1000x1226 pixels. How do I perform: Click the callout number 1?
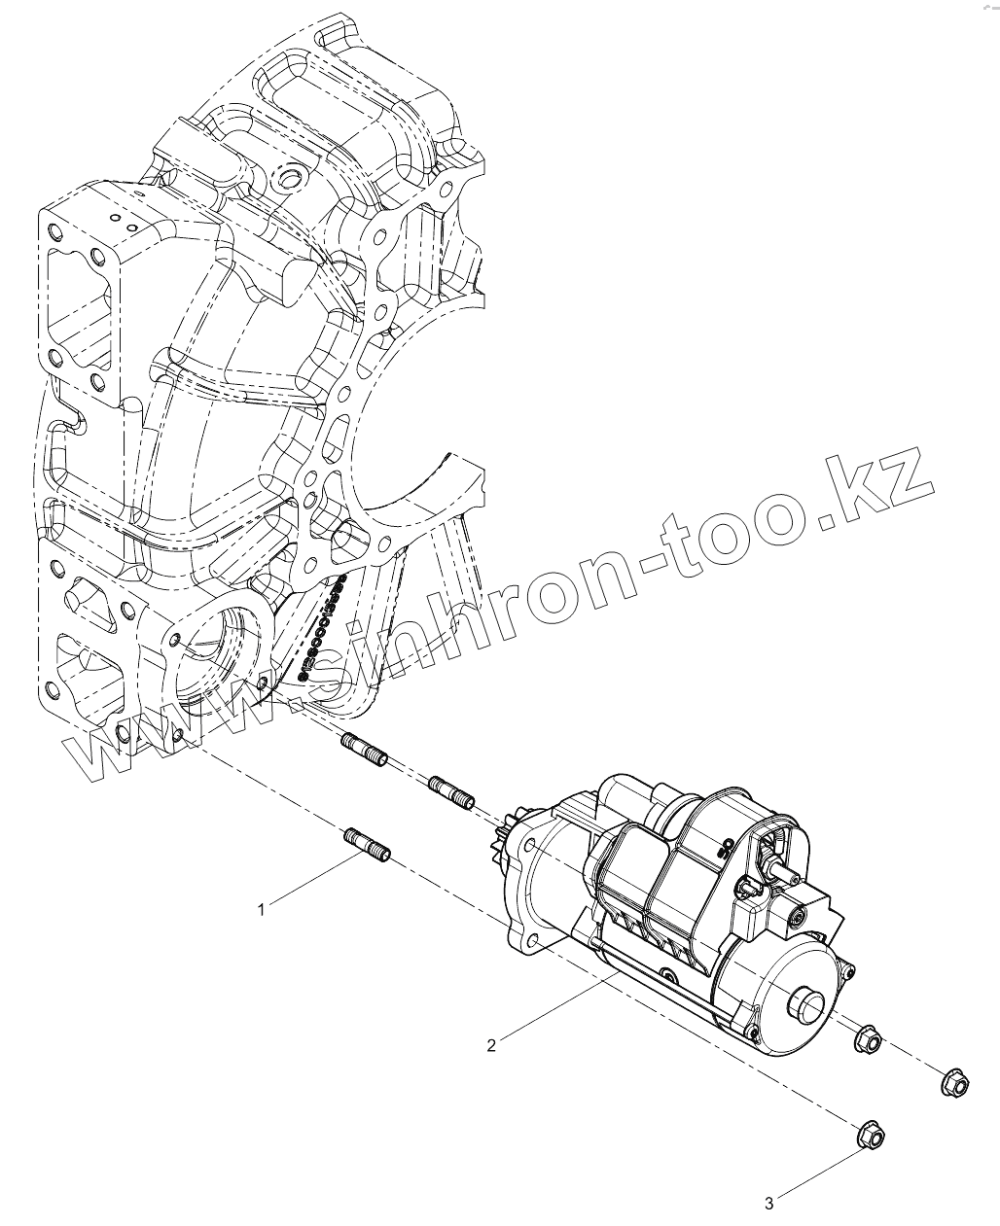coord(261,909)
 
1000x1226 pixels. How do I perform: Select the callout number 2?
coord(492,1045)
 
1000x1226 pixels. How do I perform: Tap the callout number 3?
coord(768,1204)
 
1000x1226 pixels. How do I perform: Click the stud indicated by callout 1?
coord(367,842)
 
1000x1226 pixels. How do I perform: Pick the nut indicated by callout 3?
coord(868,1134)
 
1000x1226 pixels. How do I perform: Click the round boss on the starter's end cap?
coord(808,1000)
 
